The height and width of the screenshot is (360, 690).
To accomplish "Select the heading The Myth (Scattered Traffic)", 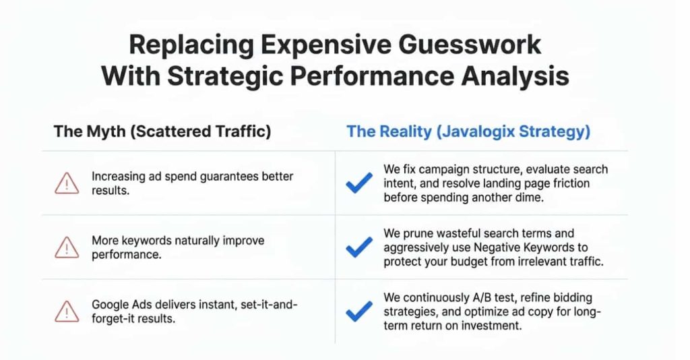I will [x=162, y=131].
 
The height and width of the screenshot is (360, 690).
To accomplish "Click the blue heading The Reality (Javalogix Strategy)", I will [x=468, y=131].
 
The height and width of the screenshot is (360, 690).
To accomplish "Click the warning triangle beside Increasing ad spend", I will [x=67, y=183].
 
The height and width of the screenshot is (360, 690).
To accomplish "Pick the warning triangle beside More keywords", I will [x=67, y=247].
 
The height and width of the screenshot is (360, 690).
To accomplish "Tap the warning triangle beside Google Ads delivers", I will [x=67, y=311].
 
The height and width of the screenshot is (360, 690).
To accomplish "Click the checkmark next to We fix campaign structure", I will [x=358, y=183].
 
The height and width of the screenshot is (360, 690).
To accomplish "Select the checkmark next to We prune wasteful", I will [x=358, y=247].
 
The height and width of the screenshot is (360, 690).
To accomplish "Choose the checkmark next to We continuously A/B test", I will [x=358, y=311].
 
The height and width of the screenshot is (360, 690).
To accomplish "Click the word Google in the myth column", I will [x=110, y=305].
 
